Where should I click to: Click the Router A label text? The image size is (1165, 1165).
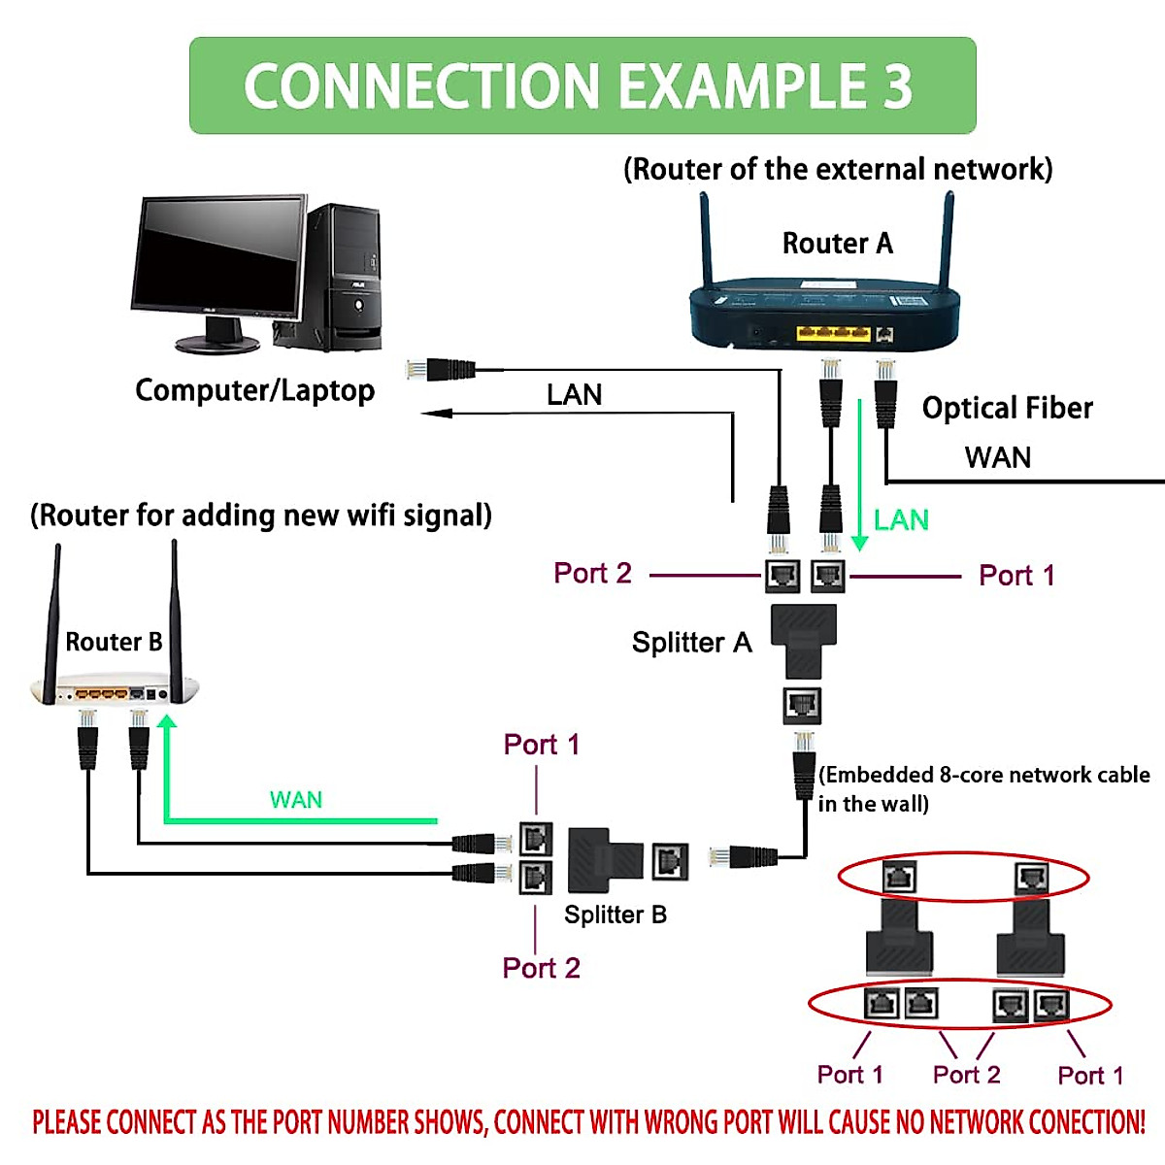[x=837, y=243]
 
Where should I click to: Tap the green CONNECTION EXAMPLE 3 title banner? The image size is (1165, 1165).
[x=582, y=85]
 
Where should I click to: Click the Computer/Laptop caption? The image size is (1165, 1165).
[x=254, y=390]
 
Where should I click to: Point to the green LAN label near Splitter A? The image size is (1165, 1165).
[x=901, y=520]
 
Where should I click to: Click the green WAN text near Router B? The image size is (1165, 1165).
[x=295, y=800]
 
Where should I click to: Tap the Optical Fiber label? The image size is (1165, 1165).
[x=1007, y=408]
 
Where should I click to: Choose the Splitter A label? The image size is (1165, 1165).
[x=691, y=643]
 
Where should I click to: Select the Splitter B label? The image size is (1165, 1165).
[x=616, y=915]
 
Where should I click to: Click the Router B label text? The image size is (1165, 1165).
[x=114, y=642]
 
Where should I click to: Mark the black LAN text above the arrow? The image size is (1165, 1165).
[x=574, y=394]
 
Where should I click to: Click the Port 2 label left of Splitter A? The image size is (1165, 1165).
[x=592, y=573]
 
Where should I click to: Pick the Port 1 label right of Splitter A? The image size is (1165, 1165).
[x=1016, y=576]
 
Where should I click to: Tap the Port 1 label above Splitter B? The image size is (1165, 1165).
[x=541, y=745]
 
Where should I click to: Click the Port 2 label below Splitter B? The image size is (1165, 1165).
[x=541, y=968]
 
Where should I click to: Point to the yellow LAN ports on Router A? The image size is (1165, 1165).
[x=833, y=333]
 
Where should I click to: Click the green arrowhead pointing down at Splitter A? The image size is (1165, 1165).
[x=859, y=543]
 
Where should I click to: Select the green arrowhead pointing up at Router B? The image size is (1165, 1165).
[x=167, y=721]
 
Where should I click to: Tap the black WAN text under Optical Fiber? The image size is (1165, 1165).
[x=998, y=457]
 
